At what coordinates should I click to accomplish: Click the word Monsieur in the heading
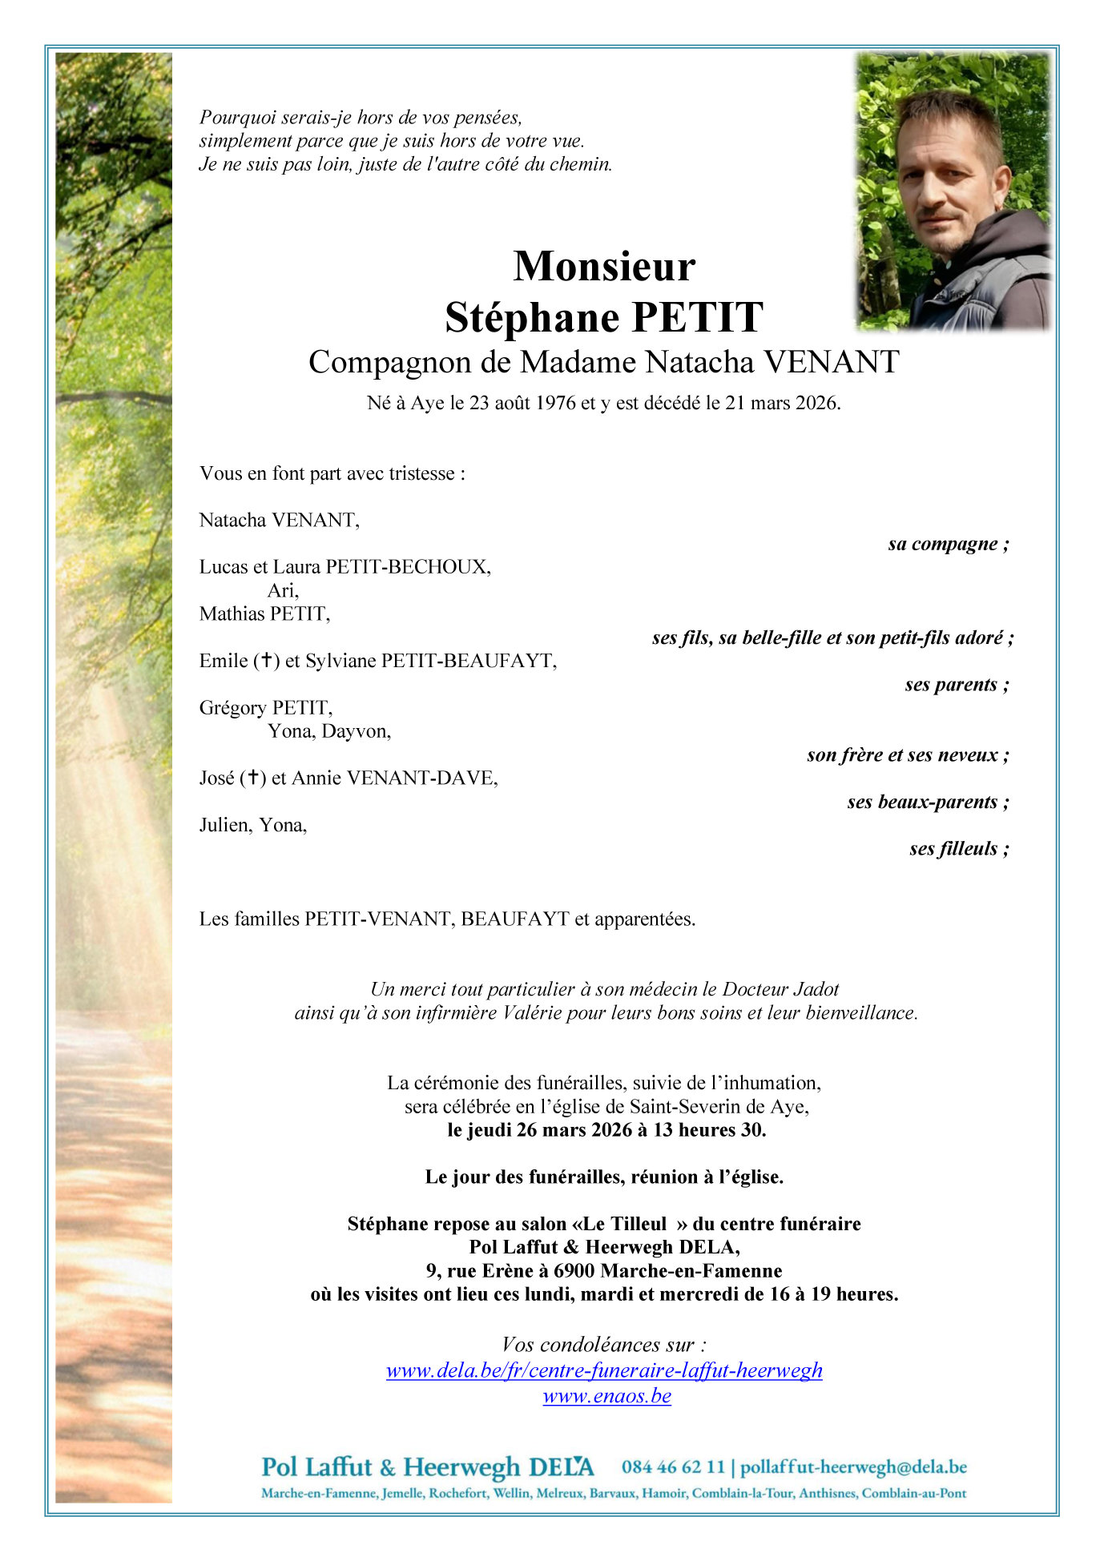point(604,267)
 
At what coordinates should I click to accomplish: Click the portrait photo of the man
point(953,191)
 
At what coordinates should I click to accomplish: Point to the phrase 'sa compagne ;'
point(948,545)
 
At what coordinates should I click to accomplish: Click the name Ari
point(282,591)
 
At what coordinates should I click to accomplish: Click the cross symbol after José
point(253,778)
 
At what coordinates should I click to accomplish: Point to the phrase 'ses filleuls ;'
point(958,849)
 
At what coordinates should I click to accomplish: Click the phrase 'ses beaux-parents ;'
point(928,803)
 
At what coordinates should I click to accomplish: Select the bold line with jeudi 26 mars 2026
point(606,1130)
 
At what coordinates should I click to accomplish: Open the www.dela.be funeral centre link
point(604,1370)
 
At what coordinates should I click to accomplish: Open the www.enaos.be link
point(606,1396)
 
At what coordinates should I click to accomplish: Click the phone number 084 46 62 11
point(673,1467)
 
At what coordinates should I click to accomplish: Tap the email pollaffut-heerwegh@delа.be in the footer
point(853,1467)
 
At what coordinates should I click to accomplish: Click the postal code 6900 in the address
point(574,1271)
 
